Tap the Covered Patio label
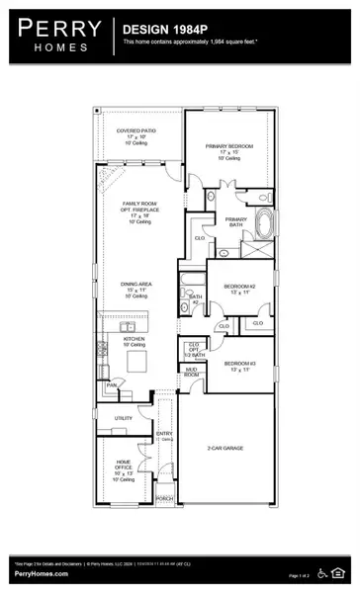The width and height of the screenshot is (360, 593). point(136,129)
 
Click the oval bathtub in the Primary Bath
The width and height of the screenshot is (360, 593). point(265,223)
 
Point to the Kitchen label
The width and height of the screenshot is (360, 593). point(135,338)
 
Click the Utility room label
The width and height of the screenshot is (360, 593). point(124,418)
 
